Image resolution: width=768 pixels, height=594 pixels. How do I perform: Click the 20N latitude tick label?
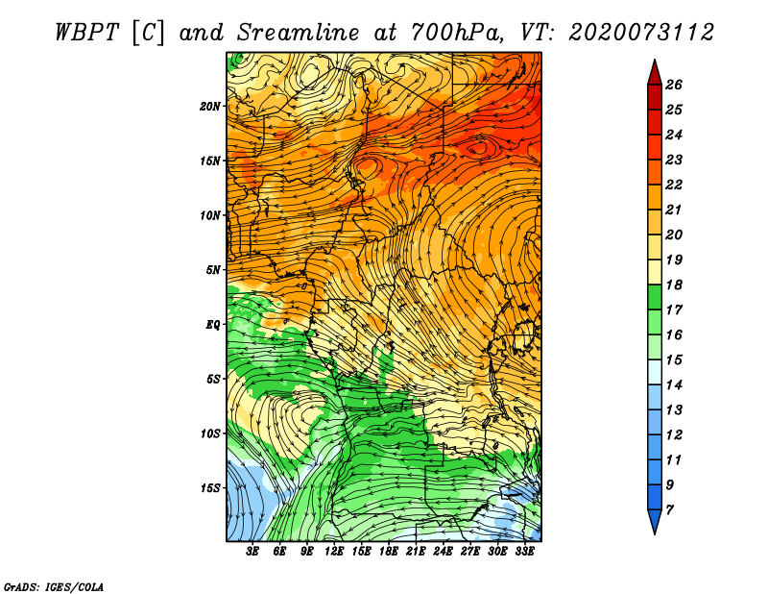(210, 106)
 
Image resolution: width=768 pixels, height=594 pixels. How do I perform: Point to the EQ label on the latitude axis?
(212, 324)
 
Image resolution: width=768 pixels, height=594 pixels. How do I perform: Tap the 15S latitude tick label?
(210, 488)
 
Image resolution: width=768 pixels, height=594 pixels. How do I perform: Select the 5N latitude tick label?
(213, 270)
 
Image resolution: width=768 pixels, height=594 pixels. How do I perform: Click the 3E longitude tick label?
(252, 552)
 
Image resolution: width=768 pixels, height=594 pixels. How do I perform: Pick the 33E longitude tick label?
(524, 552)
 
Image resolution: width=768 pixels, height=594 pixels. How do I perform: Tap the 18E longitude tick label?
(389, 552)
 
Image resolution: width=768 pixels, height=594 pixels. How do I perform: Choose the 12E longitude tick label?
(334, 552)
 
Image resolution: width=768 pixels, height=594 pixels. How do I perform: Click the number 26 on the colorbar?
(674, 85)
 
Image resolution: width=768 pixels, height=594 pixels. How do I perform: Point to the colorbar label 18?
(674, 285)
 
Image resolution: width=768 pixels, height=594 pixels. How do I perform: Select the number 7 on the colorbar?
(669, 510)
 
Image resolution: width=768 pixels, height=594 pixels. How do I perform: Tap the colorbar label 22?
(674, 185)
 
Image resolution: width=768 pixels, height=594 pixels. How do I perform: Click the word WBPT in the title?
(86, 33)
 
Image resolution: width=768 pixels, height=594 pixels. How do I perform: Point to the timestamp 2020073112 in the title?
(641, 33)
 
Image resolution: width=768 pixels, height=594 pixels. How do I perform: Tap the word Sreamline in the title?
(299, 33)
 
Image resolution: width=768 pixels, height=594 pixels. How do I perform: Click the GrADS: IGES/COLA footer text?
(54, 586)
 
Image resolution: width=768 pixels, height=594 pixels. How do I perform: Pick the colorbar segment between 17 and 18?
(655, 297)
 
